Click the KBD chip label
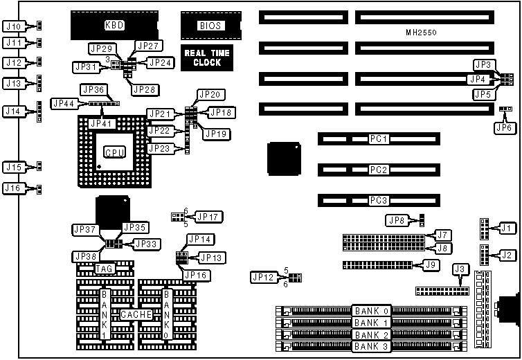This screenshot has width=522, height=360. (114, 26)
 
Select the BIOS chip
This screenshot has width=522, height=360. (210, 26)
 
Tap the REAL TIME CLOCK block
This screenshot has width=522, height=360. (203, 57)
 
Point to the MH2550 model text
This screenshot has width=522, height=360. (422, 33)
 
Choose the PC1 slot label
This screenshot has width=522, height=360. (378, 139)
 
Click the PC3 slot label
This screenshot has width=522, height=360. (378, 200)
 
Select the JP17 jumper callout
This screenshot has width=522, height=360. (208, 217)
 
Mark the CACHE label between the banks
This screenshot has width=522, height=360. (136, 314)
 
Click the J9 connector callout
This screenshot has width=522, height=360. (431, 264)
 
